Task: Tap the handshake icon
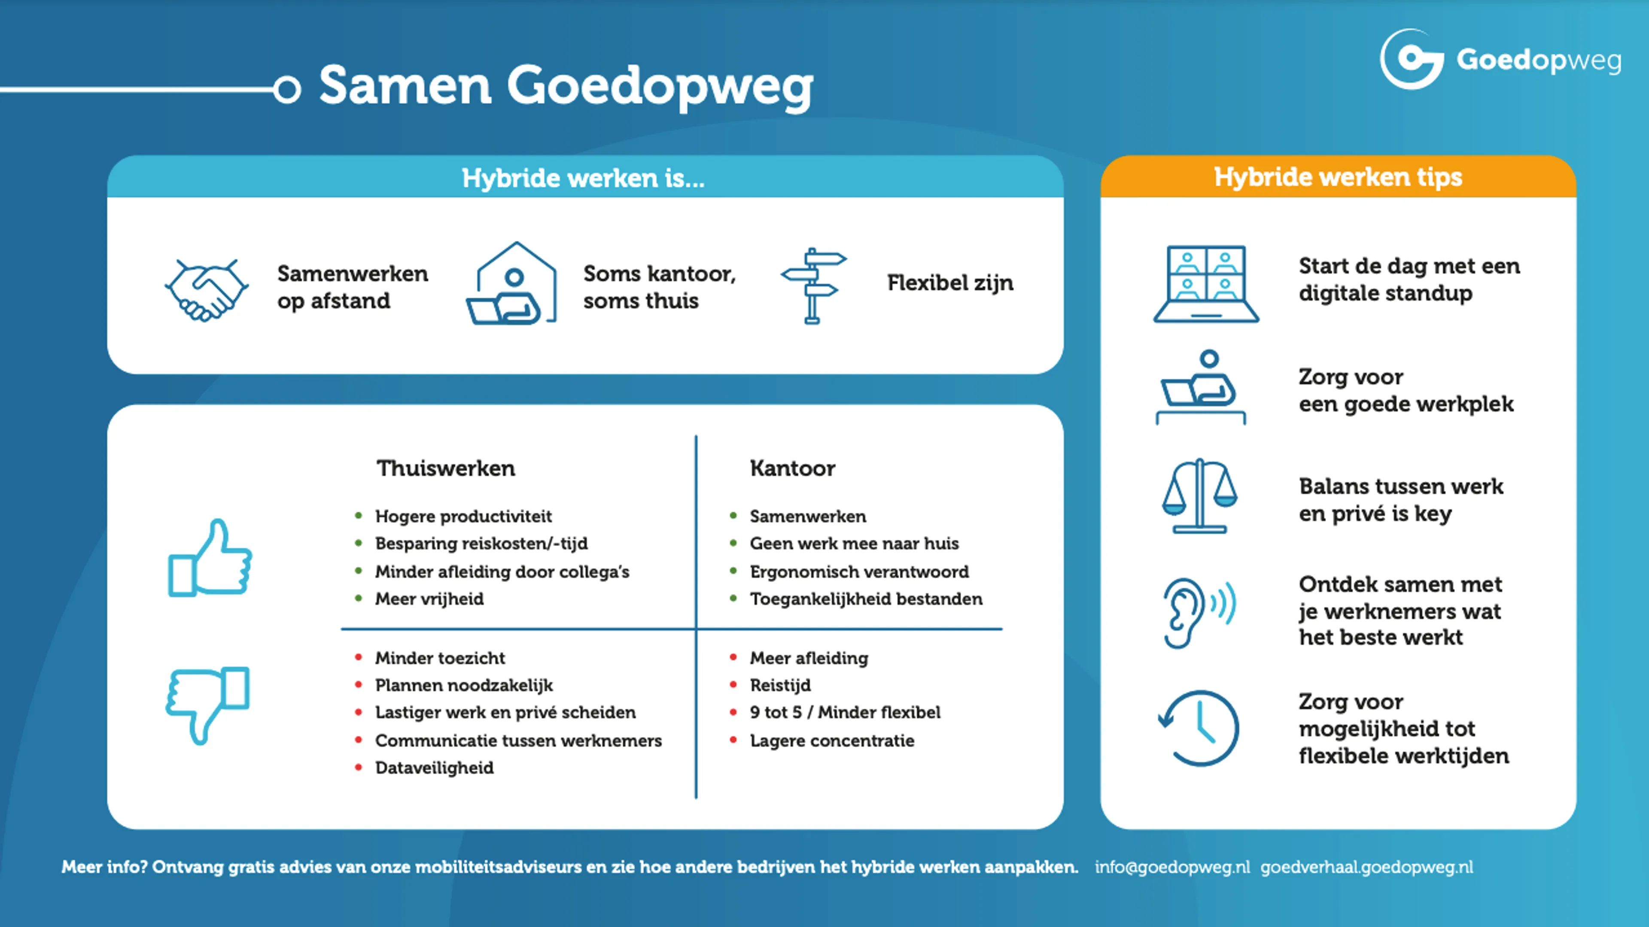pos(207,290)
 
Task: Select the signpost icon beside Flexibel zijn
pos(813,286)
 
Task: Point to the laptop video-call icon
pos(1206,284)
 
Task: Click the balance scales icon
pos(1200,496)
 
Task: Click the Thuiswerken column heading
pos(446,468)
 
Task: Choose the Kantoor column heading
pos(792,468)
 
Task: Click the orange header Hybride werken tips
pos(1338,177)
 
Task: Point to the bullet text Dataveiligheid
pos(434,768)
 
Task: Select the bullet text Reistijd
pos(780,685)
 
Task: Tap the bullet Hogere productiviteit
pos(463,516)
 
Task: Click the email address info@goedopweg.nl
pos(1172,867)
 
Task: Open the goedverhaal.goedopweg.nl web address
pos(1367,867)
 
